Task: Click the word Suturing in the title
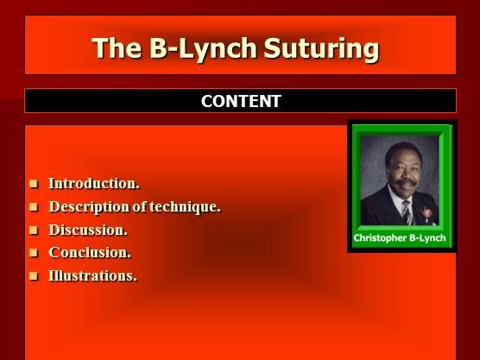point(327,47)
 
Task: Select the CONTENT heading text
point(240,101)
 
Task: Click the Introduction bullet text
point(94,183)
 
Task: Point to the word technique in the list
point(183,206)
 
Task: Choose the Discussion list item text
point(88,230)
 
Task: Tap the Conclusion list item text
point(90,253)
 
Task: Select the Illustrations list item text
point(92,276)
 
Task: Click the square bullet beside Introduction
point(35,184)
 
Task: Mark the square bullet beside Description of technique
point(35,207)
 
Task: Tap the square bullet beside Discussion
point(35,231)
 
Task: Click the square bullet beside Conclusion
point(35,254)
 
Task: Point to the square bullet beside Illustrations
point(35,277)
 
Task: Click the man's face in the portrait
point(399,168)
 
